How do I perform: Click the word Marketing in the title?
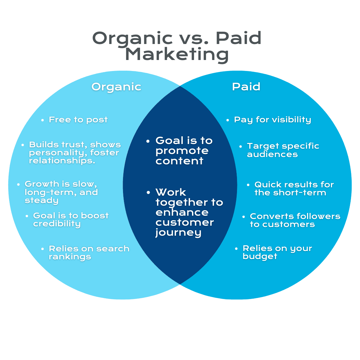177,55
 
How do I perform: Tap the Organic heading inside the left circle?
116,87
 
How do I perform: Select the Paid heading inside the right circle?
246,87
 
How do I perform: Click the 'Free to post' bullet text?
78,120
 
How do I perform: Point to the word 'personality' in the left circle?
55,153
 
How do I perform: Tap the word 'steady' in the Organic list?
41,200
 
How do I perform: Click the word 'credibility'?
57,224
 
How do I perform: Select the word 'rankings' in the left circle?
70,257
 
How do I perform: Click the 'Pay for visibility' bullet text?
272,120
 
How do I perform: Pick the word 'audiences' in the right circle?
272,154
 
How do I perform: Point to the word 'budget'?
260,257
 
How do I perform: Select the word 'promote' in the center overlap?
182,151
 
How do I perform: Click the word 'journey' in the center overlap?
178,233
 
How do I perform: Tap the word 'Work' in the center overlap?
171,192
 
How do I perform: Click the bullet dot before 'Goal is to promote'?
148,141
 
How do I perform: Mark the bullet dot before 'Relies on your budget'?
236,249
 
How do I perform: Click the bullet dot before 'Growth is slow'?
19,184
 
